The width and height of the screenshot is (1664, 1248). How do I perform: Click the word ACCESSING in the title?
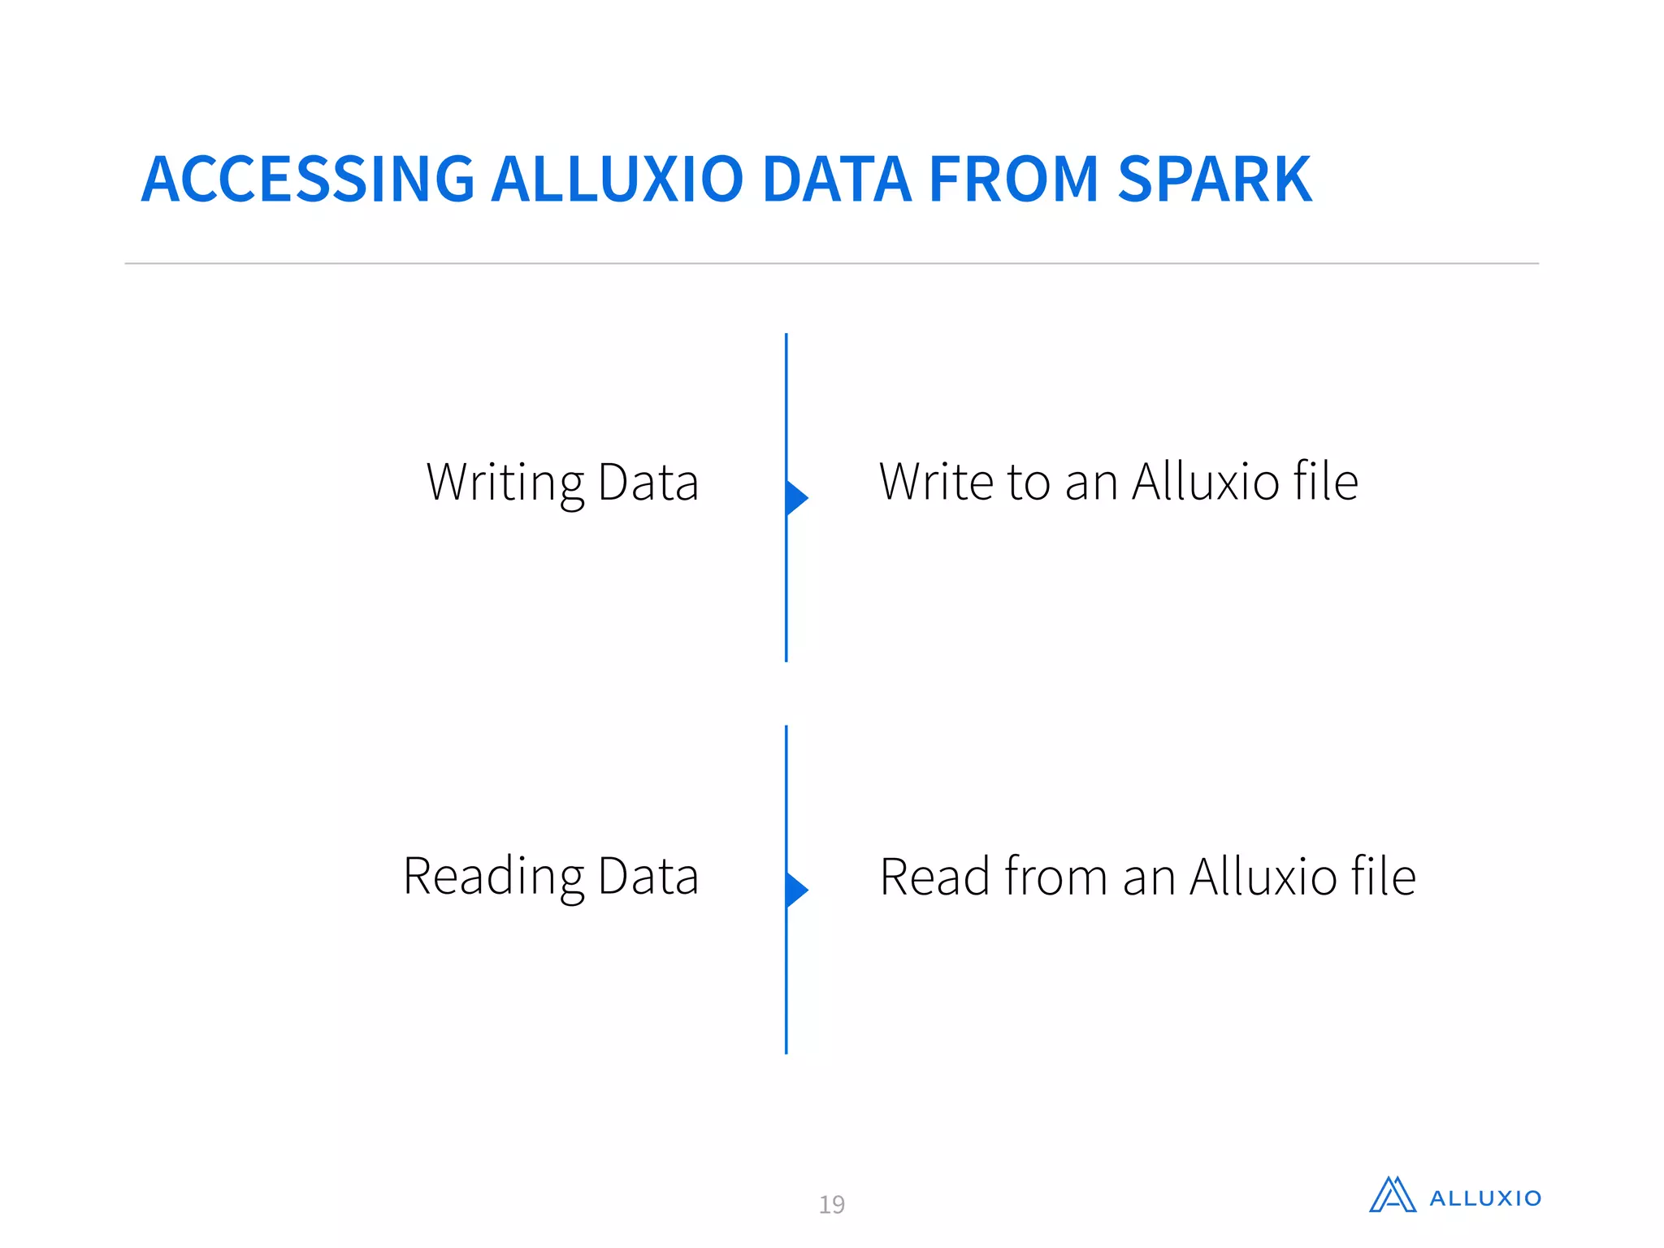coord(307,180)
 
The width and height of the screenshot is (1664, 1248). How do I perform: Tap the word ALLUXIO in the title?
coord(617,180)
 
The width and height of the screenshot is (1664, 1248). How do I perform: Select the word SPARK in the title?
coord(1214,180)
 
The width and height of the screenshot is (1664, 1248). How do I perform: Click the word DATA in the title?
coord(837,180)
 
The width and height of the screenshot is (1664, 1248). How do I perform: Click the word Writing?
coord(504,483)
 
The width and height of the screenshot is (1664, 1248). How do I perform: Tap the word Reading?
coord(492,877)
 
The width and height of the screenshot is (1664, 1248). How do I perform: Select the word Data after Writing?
coord(648,483)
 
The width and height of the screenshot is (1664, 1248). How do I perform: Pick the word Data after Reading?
coord(648,877)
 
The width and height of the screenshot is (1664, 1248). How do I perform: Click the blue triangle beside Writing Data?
coord(795,498)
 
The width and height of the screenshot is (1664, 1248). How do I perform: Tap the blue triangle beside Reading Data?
coord(795,890)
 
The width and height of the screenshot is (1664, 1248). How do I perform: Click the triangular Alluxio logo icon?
coord(1392,1195)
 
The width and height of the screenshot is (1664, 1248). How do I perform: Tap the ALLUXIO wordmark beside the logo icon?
coord(1485,1198)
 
